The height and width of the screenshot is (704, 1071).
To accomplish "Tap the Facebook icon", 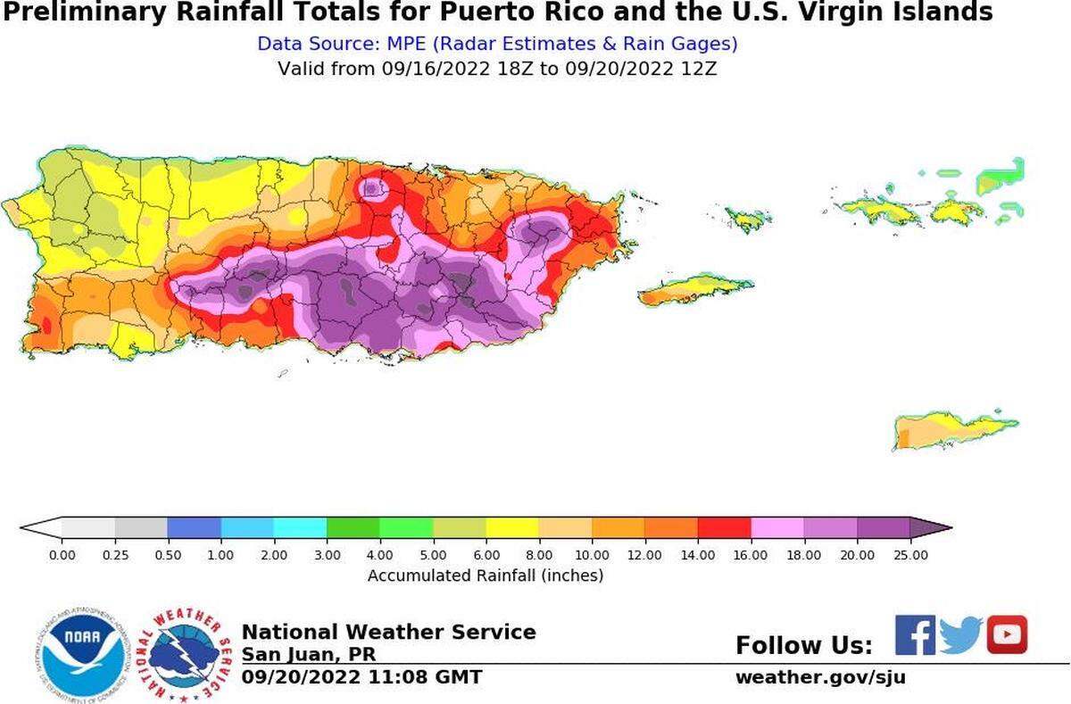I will click(915, 635).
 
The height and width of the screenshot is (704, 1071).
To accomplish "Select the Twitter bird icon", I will click(960, 635).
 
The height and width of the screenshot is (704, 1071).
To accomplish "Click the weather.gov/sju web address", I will click(820, 677).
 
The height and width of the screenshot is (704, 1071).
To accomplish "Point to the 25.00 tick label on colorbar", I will click(909, 555).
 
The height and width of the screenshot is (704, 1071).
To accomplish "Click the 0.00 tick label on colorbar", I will click(62, 555).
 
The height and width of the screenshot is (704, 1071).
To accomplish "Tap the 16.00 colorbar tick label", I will click(751, 555).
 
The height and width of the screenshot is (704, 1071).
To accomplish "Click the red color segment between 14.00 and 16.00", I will click(724, 527).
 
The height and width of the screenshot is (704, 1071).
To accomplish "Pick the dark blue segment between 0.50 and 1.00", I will click(194, 527).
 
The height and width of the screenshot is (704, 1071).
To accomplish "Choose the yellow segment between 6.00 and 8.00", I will click(511, 527).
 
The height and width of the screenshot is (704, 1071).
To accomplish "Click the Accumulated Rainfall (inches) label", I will click(486, 576).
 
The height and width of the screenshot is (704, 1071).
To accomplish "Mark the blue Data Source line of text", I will click(497, 44).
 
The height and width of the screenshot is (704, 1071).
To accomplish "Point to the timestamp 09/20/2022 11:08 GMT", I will click(361, 677).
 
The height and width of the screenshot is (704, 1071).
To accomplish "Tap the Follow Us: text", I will click(803, 645).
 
